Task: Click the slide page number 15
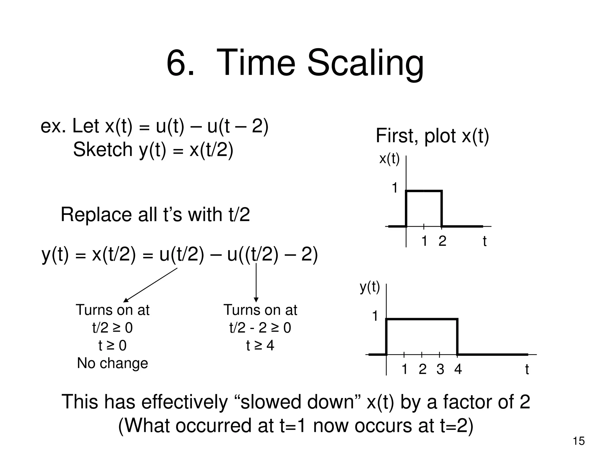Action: pyautogui.click(x=579, y=441)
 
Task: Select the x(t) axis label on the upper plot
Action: pyautogui.click(x=389, y=159)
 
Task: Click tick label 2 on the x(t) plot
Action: pyautogui.click(x=442, y=241)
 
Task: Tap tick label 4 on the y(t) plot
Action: pyautogui.click(x=458, y=369)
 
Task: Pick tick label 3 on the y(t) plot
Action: pyautogui.click(x=440, y=369)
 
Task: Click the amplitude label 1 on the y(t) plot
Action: pyautogui.click(x=375, y=316)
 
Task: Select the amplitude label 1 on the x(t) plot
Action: pyautogui.click(x=394, y=188)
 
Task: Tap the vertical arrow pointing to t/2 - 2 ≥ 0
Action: pyautogui.click(x=256, y=283)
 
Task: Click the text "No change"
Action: pyautogui.click(x=113, y=363)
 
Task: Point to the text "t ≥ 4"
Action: pyautogui.click(x=260, y=345)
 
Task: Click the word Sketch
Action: pyautogui.click(x=102, y=150)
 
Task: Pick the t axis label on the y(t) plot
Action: pyautogui.click(x=527, y=369)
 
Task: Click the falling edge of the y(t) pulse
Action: pyautogui.click(x=457, y=337)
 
